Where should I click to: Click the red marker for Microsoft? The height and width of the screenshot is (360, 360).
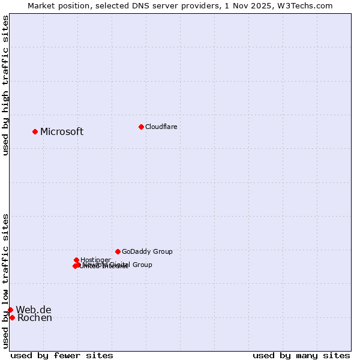[35, 131]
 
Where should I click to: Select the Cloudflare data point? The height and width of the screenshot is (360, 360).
[141, 127]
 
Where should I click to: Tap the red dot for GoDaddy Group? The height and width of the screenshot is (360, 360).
[118, 251]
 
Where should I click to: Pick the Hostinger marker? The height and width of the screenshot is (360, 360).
[76, 260]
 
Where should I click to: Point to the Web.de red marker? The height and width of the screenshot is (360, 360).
[10, 310]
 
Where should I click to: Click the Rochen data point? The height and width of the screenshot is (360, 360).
[12, 317]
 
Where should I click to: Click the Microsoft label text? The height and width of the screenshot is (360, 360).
[62, 132]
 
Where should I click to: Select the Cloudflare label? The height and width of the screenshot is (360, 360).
[161, 127]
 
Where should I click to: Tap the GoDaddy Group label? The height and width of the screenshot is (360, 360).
[147, 252]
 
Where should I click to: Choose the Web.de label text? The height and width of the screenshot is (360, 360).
[34, 310]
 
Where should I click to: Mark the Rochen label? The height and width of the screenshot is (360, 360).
[35, 318]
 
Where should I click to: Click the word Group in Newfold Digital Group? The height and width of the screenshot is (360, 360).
[142, 265]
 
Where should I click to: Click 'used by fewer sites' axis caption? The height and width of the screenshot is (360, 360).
[62, 355]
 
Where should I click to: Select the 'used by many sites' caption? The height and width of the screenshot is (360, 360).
[301, 355]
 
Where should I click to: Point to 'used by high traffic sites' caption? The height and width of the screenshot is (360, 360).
[5, 85]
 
